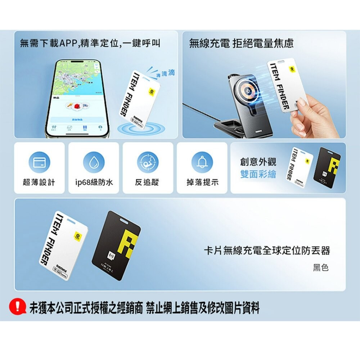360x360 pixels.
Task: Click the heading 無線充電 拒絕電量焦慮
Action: coord(241,44)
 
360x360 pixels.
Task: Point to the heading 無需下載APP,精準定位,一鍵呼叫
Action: coord(90,44)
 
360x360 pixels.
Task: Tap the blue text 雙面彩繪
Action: coord(258,174)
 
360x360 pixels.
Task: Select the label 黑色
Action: coord(320,267)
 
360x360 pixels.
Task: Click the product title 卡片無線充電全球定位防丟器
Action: coord(267,250)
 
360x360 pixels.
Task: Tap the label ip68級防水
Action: coord(94,183)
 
